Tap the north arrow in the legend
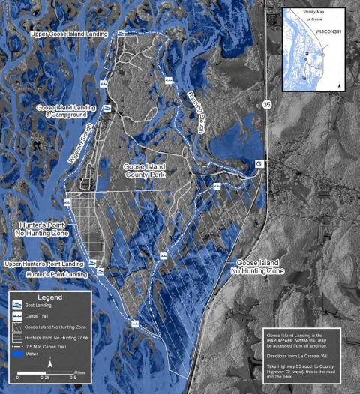(x=49, y=363)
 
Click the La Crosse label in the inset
(x=304, y=22)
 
